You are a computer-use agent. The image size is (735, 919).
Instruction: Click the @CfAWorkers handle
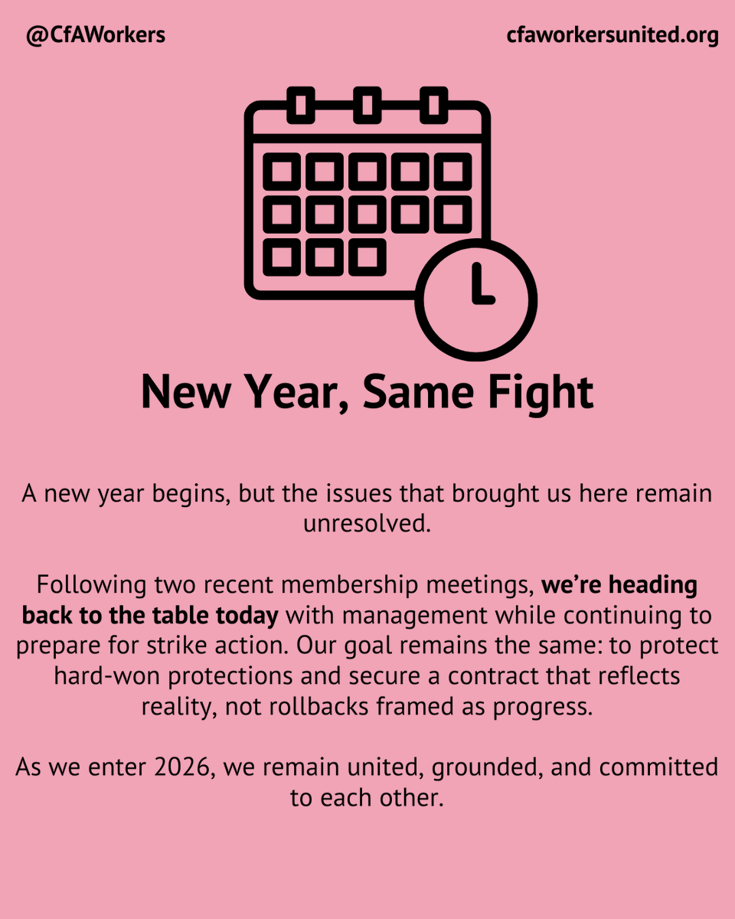pyautogui.click(x=96, y=35)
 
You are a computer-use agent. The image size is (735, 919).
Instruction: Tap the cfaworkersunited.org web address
pyautogui.click(x=612, y=35)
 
